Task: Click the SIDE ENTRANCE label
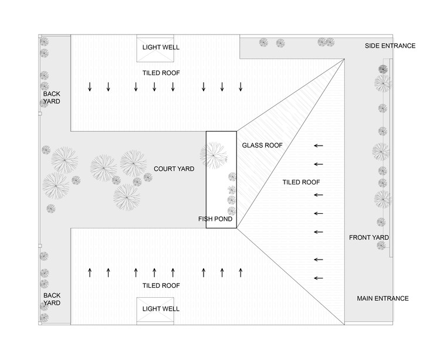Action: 390,46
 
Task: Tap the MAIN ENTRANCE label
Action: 383,298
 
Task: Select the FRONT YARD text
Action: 369,237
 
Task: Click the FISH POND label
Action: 215,219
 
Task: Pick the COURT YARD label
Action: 174,169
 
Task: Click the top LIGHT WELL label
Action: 161,47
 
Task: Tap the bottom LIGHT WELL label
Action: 161,309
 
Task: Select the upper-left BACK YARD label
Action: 52,97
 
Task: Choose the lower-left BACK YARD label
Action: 52,299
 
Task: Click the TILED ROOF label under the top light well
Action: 161,73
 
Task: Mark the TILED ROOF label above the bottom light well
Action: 161,286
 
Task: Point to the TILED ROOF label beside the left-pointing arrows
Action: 301,182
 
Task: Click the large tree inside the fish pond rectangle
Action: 214,154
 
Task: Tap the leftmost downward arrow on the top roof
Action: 90,88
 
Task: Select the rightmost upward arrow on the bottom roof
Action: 241,272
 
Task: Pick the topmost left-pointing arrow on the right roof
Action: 319,146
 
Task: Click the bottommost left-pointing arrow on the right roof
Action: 319,278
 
